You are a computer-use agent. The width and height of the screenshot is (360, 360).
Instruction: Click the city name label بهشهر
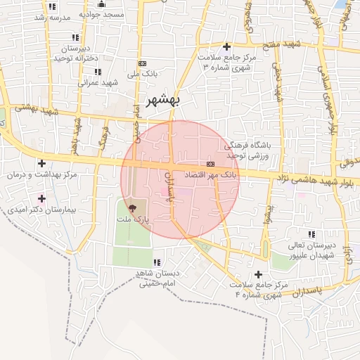pyautogui.click(x=162, y=100)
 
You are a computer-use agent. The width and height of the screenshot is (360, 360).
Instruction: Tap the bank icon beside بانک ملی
pyautogui.click(x=143, y=63)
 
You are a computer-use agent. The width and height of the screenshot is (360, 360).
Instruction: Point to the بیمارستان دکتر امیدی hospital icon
pyautogui.click(x=42, y=198)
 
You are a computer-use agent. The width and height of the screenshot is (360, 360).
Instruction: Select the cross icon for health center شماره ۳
pyautogui.click(x=227, y=46)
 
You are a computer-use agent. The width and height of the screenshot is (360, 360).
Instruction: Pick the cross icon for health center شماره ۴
pyautogui.click(x=258, y=274)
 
